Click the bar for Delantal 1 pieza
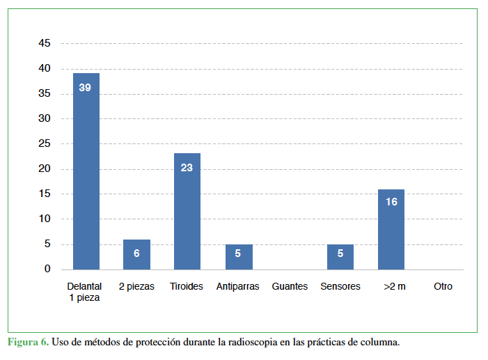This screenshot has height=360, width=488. click(86, 174)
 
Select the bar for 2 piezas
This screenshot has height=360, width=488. click(136, 255)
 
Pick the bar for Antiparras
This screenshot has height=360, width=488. click(238, 257)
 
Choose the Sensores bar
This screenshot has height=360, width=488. click(340, 257)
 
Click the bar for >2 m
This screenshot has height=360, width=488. click(391, 230)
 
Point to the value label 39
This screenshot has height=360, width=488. click(85, 88)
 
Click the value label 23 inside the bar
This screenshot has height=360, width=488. click(187, 168)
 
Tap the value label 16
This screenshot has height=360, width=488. click(391, 202)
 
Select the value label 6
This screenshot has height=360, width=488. click(136, 253)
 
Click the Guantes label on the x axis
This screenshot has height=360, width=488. click(290, 286)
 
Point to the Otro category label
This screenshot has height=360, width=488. click(443, 286)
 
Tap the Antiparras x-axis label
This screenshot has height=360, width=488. click(239, 286)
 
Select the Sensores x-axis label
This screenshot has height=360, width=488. click(340, 286)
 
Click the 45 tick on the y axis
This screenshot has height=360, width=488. click(45, 43)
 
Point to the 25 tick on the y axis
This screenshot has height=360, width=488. click(45, 143)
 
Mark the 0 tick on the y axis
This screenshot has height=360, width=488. click(47, 269)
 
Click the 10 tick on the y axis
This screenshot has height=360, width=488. click(45, 219)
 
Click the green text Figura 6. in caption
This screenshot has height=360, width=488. click(28, 343)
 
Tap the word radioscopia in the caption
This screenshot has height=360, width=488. click(253, 343)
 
